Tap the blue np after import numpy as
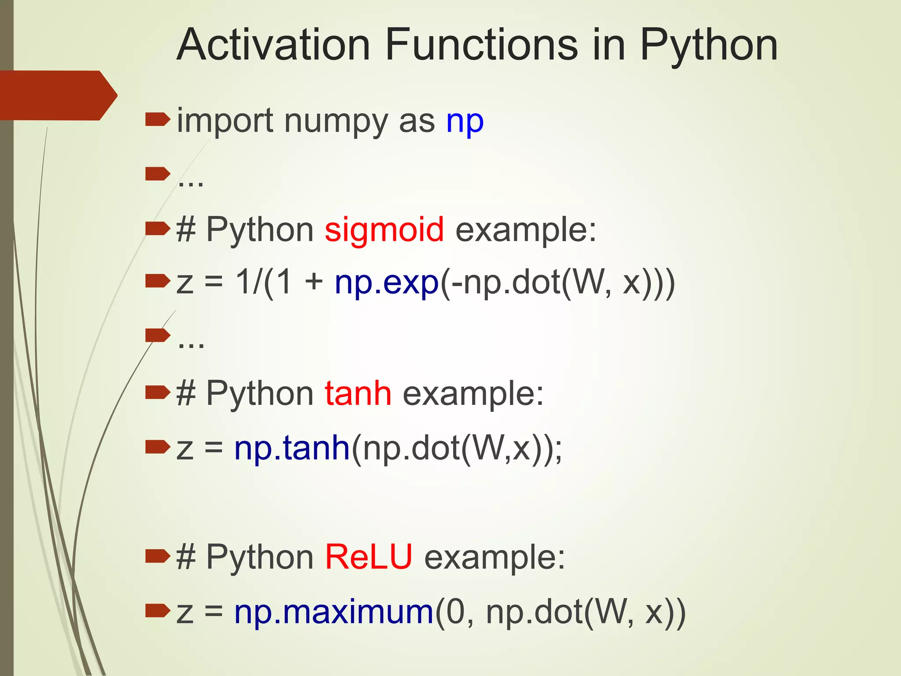click(x=465, y=122)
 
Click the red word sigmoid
click(x=384, y=230)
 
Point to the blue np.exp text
click(x=386, y=283)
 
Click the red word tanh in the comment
click(x=358, y=393)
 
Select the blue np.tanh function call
click(x=292, y=448)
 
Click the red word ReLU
click(x=369, y=557)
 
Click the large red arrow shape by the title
click(x=57, y=95)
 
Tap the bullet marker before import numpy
click(x=157, y=119)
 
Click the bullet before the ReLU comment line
click(x=157, y=555)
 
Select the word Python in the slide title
click(x=708, y=45)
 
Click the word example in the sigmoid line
click(x=525, y=230)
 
